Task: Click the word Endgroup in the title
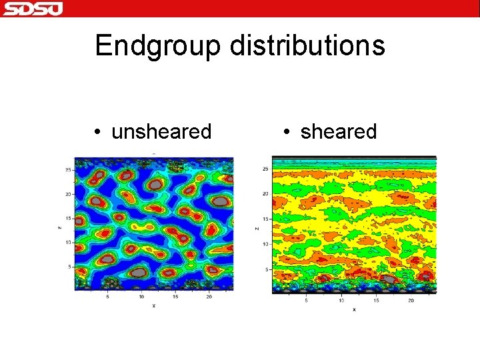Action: click(x=158, y=46)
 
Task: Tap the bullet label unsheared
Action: click(x=161, y=132)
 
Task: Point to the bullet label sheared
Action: click(x=339, y=132)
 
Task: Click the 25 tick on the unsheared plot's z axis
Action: click(x=67, y=170)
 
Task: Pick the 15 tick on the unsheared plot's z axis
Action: click(x=67, y=219)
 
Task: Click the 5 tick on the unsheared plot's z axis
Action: click(x=69, y=267)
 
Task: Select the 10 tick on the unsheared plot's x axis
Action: click(x=141, y=297)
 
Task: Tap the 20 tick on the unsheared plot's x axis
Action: click(x=210, y=297)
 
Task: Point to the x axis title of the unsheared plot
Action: click(x=154, y=305)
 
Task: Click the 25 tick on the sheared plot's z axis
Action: click(x=265, y=169)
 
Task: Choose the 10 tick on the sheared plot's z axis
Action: click(x=265, y=244)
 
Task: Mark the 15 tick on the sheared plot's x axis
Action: click(x=376, y=301)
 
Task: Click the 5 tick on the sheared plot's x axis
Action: click(x=306, y=301)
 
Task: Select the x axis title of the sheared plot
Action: click(x=354, y=309)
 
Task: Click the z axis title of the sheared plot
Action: click(x=257, y=228)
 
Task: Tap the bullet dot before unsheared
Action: click(x=97, y=133)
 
